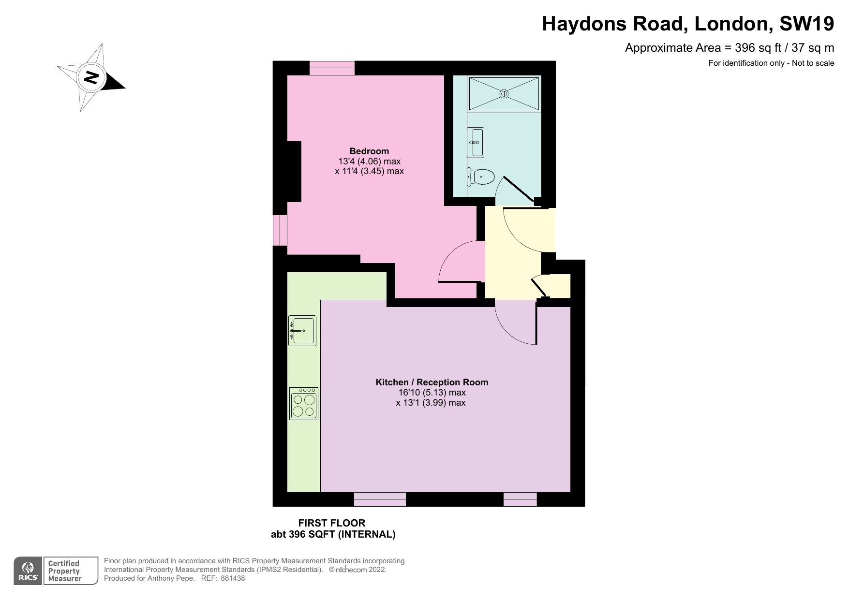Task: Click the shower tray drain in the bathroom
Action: [x=504, y=94]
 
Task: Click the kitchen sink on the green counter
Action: [x=302, y=331]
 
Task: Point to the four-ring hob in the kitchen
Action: [x=304, y=403]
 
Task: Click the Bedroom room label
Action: [x=369, y=151]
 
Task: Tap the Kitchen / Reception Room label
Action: [x=432, y=382]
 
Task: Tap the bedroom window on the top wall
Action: [x=332, y=68]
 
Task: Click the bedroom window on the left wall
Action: [x=280, y=230]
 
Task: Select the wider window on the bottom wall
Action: [x=380, y=499]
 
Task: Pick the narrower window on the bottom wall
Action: [x=520, y=499]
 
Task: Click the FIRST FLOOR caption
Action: [x=331, y=523]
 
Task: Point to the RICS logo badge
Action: [x=28, y=571]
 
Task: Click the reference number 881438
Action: [x=233, y=578]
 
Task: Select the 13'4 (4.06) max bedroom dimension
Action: [x=369, y=161]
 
